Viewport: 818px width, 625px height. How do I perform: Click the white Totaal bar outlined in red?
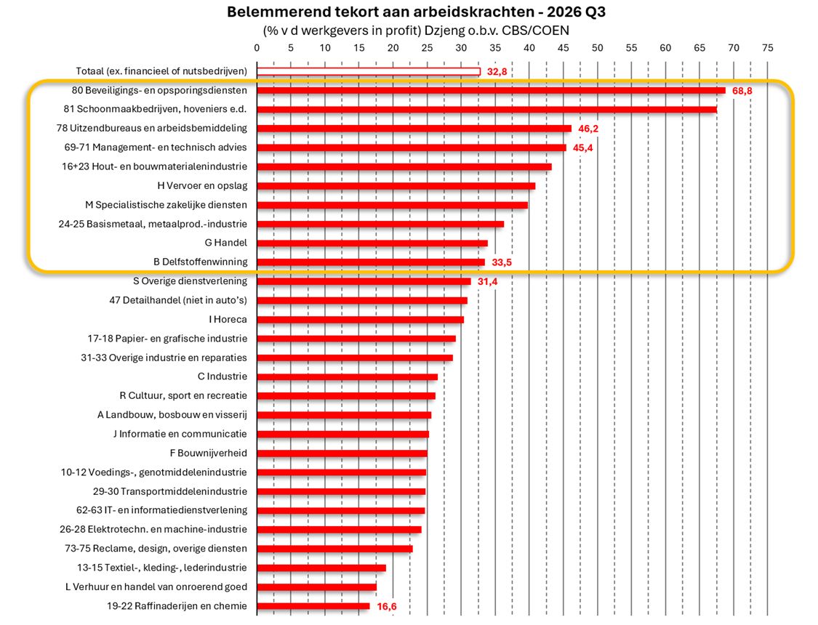[x=369, y=71]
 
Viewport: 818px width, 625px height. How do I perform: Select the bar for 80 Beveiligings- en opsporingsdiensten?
[x=491, y=91]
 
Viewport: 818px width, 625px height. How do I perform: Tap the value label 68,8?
[x=742, y=91]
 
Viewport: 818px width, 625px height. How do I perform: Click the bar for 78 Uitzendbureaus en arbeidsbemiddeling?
[x=414, y=129]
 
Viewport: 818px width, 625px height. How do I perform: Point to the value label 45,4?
[x=582, y=148]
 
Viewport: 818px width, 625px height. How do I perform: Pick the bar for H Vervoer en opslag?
[x=396, y=186]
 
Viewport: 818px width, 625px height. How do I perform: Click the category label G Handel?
[x=226, y=243]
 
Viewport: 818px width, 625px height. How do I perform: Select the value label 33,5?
[x=501, y=262]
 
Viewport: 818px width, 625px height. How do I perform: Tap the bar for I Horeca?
[x=360, y=320]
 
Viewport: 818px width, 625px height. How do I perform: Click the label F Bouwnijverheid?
[x=209, y=453]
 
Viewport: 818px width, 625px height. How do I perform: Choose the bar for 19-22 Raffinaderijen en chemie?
[x=313, y=606]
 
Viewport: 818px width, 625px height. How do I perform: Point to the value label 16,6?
[x=387, y=606]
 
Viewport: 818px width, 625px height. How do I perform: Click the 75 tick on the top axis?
[x=767, y=48]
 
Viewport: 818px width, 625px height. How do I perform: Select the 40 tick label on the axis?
[x=529, y=48]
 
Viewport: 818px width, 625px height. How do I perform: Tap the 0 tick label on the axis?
[x=257, y=48]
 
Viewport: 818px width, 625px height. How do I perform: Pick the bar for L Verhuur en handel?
[x=317, y=587]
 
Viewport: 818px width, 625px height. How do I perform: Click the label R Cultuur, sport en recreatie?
[x=183, y=395]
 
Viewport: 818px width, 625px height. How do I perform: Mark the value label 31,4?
[x=487, y=281]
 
